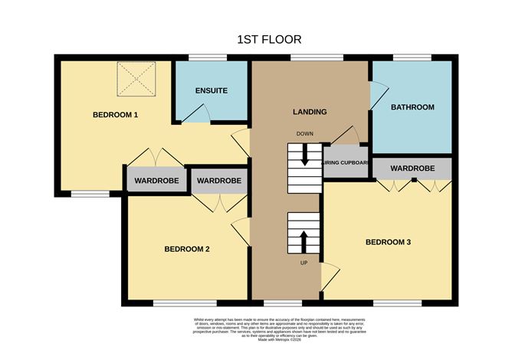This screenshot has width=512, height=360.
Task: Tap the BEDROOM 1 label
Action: (115, 115)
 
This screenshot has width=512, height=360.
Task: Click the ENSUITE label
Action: (211, 90)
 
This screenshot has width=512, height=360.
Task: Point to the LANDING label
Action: (310, 112)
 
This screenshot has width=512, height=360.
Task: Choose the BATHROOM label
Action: (412, 107)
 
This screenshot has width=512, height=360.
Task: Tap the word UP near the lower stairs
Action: (304, 263)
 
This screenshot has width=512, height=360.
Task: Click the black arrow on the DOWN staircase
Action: (305, 157)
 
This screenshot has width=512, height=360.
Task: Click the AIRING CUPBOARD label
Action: (347, 162)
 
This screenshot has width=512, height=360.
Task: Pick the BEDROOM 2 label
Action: (187, 249)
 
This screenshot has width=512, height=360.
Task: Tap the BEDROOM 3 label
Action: (388, 243)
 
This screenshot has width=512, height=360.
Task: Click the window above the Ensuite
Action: (202, 57)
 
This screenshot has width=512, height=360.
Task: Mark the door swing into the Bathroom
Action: (375, 96)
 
